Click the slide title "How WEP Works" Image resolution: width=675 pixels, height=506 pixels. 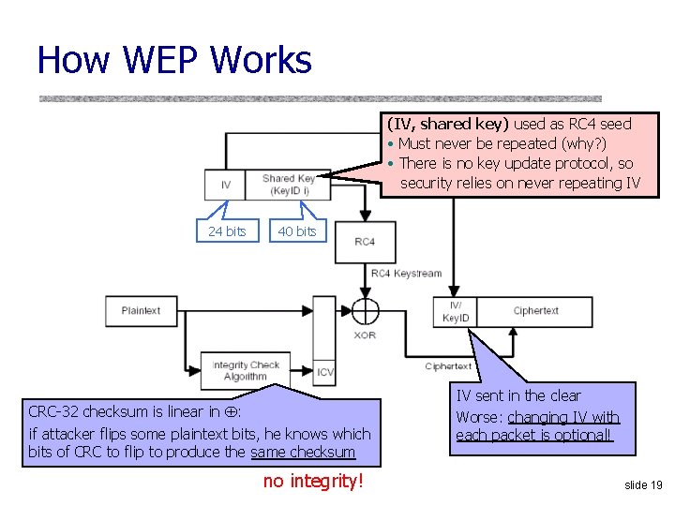click(173, 60)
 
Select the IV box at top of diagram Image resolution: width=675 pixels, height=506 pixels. click(225, 185)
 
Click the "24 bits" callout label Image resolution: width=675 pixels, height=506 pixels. click(227, 231)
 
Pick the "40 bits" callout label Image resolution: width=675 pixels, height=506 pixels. click(297, 231)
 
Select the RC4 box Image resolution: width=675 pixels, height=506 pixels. click(365, 242)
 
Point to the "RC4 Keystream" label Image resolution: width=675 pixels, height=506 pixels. click(406, 274)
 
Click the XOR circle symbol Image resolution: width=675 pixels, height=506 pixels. click(365, 311)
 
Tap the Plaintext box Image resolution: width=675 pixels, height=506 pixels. click(141, 311)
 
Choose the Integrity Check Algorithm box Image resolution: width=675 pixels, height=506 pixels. click(245, 371)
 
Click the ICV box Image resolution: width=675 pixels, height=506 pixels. click(324, 371)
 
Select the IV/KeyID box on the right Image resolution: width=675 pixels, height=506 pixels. click(456, 312)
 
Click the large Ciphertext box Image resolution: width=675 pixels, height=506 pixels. click(535, 311)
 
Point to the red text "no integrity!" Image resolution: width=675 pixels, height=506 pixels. click(312, 482)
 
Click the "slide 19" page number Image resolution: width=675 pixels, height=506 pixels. click(643, 484)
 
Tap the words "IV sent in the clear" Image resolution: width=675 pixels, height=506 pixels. click(518, 396)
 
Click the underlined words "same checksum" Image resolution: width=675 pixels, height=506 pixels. click(303, 453)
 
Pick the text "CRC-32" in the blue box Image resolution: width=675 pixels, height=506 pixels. click(54, 411)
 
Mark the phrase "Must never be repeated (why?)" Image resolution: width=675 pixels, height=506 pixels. click(502, 143)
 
